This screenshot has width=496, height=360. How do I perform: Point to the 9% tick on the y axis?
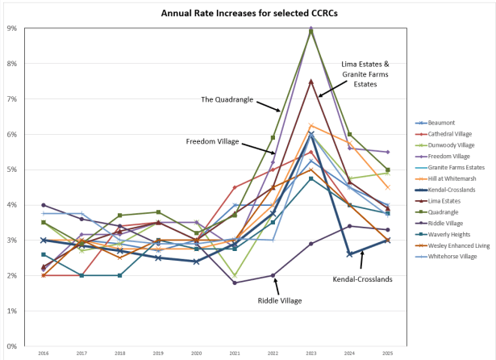point(12,28)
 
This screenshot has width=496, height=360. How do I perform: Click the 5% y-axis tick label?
point(12,170)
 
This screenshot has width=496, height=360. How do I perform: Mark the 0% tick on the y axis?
point(12,346)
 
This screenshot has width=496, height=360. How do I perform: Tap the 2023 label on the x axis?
point(311,353)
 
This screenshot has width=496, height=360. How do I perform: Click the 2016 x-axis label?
point(44,353)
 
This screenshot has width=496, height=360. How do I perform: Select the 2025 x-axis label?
point(387,353)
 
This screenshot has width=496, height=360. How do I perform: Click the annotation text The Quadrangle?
point(227,99)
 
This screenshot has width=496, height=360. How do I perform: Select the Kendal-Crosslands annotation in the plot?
point(363,279)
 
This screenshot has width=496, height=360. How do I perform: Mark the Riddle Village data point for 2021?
point(235,283)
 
